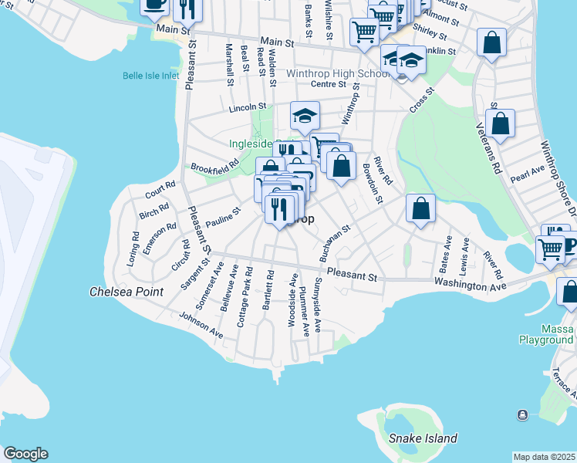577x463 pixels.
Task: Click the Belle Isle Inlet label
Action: click(x=150, y=76)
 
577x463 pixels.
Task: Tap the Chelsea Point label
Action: click(x=126, y=292)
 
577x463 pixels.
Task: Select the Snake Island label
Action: click(x=423, y=438)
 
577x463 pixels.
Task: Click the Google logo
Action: click(x=25, y=454)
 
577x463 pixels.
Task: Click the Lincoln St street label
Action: click(x=247, y=108)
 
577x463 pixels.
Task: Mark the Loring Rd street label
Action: click(x=134, y=245)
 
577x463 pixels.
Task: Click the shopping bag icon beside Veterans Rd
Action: click(x=500, y=123)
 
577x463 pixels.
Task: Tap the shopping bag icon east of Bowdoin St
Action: click(x=420, y=208)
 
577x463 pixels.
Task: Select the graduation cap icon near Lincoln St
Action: click(x=305, y=116)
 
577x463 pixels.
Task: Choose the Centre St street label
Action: click(x=326, y=84)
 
